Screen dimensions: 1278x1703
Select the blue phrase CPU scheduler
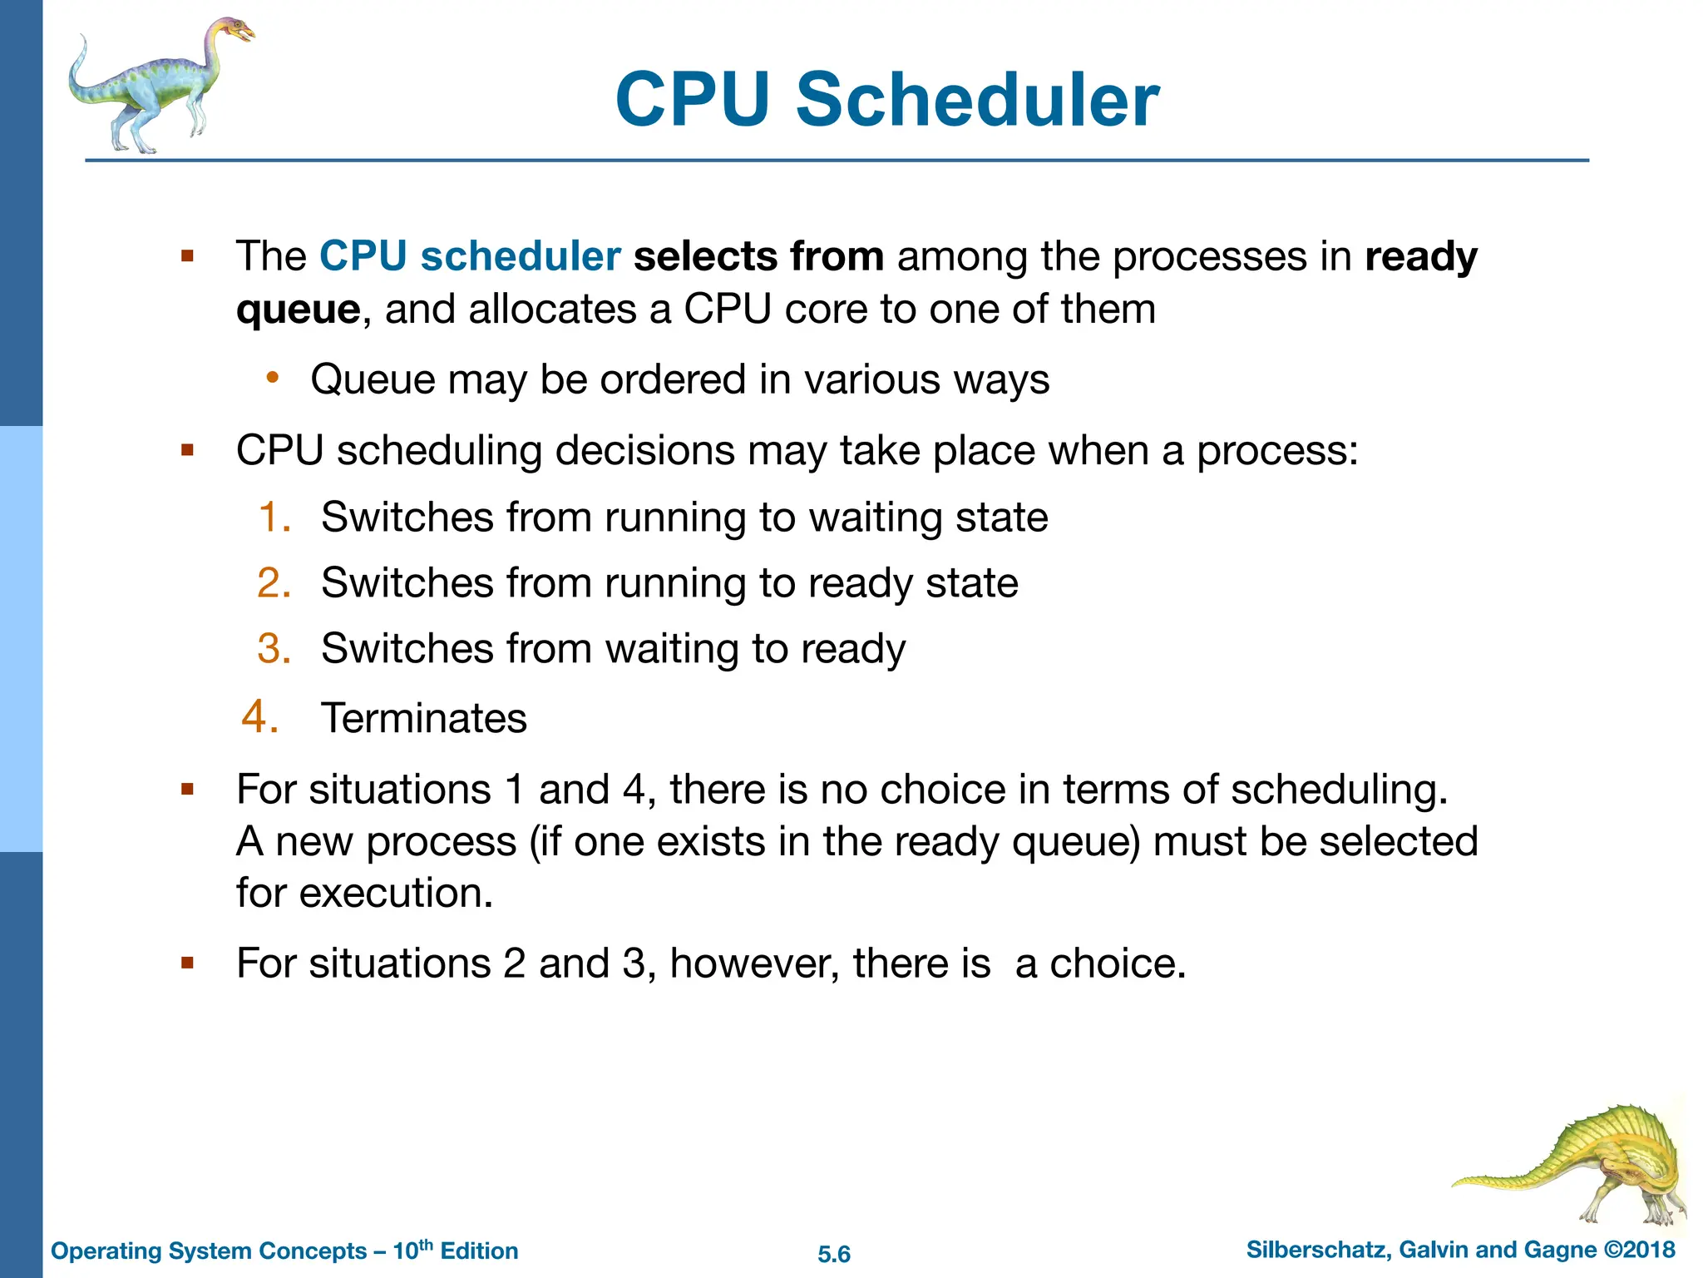pos(470,256)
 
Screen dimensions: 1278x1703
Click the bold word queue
pos(298,310)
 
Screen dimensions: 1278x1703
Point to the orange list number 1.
pos(274,517)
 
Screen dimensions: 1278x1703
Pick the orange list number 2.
pos(274,582)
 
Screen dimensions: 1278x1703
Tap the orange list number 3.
pos(274,648)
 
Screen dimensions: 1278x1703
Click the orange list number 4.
pos(260,716)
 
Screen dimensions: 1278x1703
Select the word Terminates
pos(424,718)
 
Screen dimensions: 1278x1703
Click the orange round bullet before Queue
pos(272,379)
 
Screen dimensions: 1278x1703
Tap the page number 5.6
pos(834,1254)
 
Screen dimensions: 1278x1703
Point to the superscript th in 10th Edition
pos(426,1244)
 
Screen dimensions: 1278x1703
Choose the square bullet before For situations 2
pos(187,963)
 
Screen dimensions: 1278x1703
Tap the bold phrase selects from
pos(758,256)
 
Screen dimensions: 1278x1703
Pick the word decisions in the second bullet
pos(644,451)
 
